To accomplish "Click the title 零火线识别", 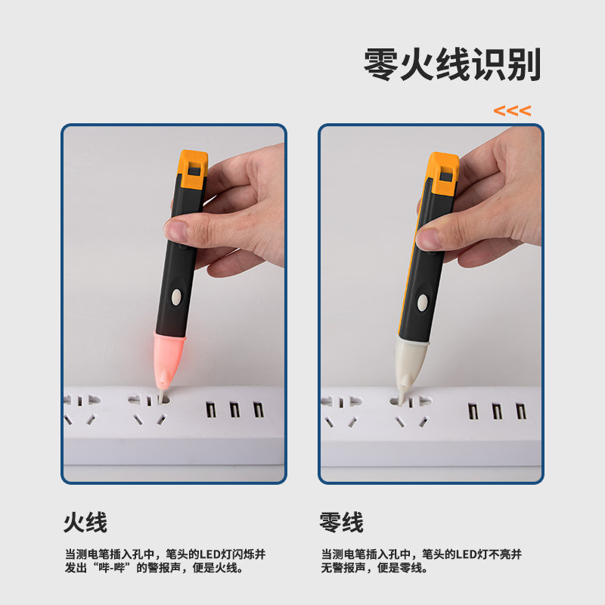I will coord(452,65).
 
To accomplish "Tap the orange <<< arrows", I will coord(512,110).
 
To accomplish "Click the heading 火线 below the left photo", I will coord(85,522).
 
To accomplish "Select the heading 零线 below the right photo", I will coord(342,522).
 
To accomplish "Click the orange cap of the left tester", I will coord(194,168).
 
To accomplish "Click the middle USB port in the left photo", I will coord(234,411).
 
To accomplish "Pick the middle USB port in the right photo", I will coord(497,411).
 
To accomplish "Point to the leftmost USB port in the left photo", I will coord(211,411).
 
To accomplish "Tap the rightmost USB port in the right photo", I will coord(520,411).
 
